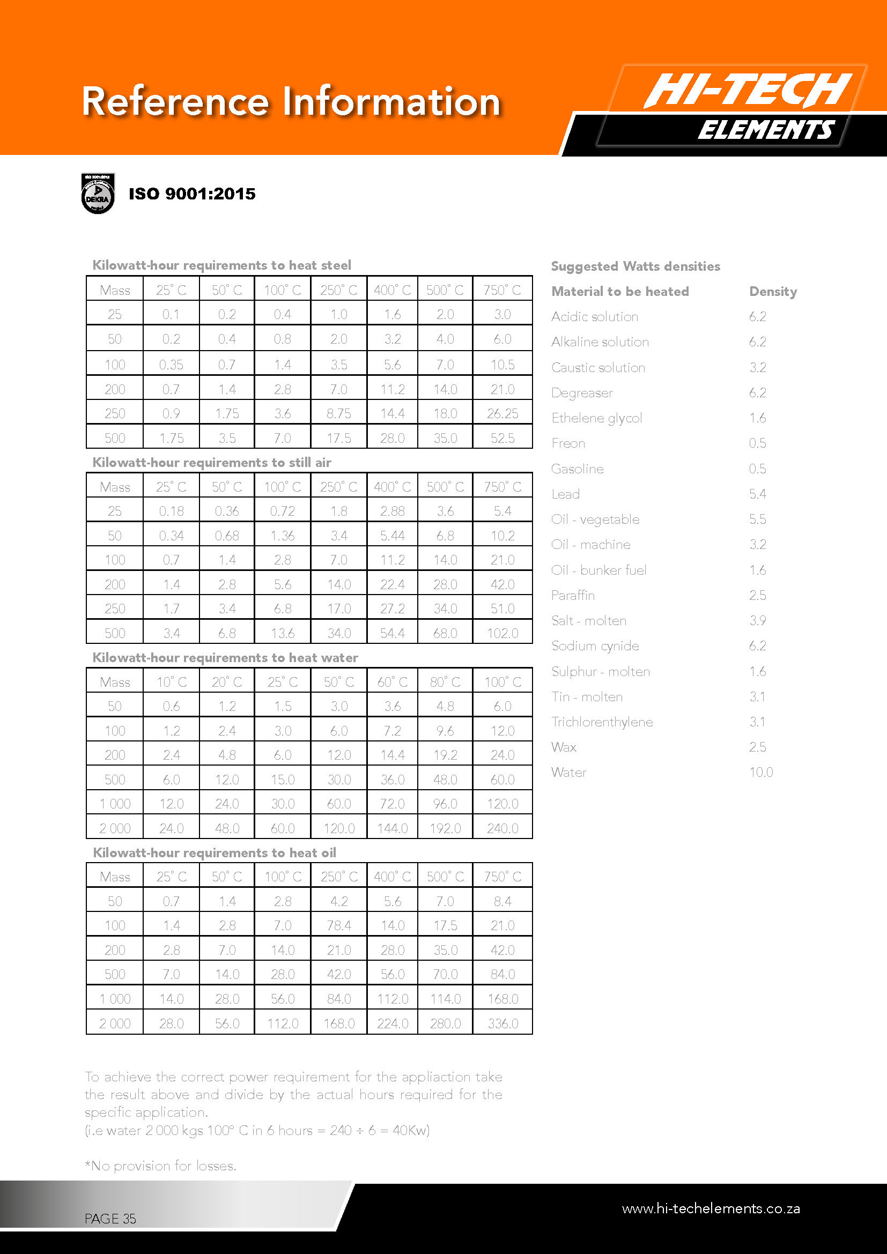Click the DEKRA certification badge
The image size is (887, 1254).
point(98,194)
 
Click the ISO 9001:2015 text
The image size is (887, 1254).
point(191,194)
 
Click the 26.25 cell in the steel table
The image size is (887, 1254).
point(502,413)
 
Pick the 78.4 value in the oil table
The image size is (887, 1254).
point(338,925)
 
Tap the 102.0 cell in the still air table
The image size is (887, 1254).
point(502,633)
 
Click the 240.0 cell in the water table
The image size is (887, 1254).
point(502,828)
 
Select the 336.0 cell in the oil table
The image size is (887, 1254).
point(502,1023)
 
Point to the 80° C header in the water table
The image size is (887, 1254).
point(445,682)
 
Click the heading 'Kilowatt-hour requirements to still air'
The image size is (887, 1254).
point(212,463)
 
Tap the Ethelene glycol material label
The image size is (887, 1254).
point(596,418)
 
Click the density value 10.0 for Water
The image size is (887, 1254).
point(761,772)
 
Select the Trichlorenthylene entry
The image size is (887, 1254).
point(602,722)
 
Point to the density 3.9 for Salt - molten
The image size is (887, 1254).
point(758,620)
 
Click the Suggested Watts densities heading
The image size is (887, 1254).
point(635,266)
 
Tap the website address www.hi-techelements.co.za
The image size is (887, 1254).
point(711,1208)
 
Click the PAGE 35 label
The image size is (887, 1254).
point(110,1219)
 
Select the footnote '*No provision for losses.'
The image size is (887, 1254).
point(160,1166)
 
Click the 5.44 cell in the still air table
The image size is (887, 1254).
point(392,536)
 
